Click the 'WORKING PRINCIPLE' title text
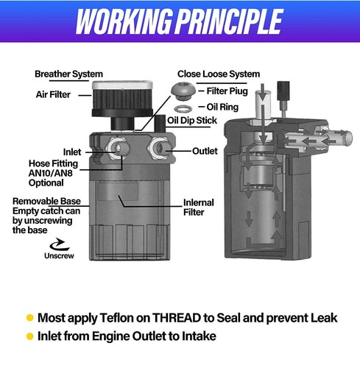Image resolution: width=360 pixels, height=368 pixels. point(180,21)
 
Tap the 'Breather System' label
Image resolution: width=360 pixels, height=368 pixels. point(68,74)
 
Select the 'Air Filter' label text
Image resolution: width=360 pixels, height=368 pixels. point(53,94)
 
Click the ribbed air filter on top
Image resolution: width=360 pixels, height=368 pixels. point(122,99)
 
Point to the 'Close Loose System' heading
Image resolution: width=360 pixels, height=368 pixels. point(219,74)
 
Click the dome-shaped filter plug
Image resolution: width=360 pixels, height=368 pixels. point(183,91)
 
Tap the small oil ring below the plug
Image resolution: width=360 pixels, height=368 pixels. point(183,108)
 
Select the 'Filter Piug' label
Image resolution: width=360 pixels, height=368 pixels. point(227,91)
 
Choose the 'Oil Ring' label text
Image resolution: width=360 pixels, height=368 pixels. point(222,107)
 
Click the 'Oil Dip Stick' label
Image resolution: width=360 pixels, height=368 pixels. point(192,121)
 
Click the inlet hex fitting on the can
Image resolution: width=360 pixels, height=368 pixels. point(116,148)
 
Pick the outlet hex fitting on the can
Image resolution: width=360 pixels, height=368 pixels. point(158,148)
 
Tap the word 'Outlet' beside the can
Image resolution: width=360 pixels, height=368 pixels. point(205,151)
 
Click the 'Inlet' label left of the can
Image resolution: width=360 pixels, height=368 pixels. point(72,152)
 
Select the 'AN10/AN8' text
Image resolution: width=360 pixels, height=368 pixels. point(51,173)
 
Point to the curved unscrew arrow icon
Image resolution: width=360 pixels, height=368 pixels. point(59,244)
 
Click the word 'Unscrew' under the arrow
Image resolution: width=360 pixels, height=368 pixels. point(59,255)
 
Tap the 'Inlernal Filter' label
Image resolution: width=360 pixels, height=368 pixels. point(199,208)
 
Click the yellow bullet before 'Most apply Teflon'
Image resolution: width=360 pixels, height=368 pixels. point(29,318)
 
